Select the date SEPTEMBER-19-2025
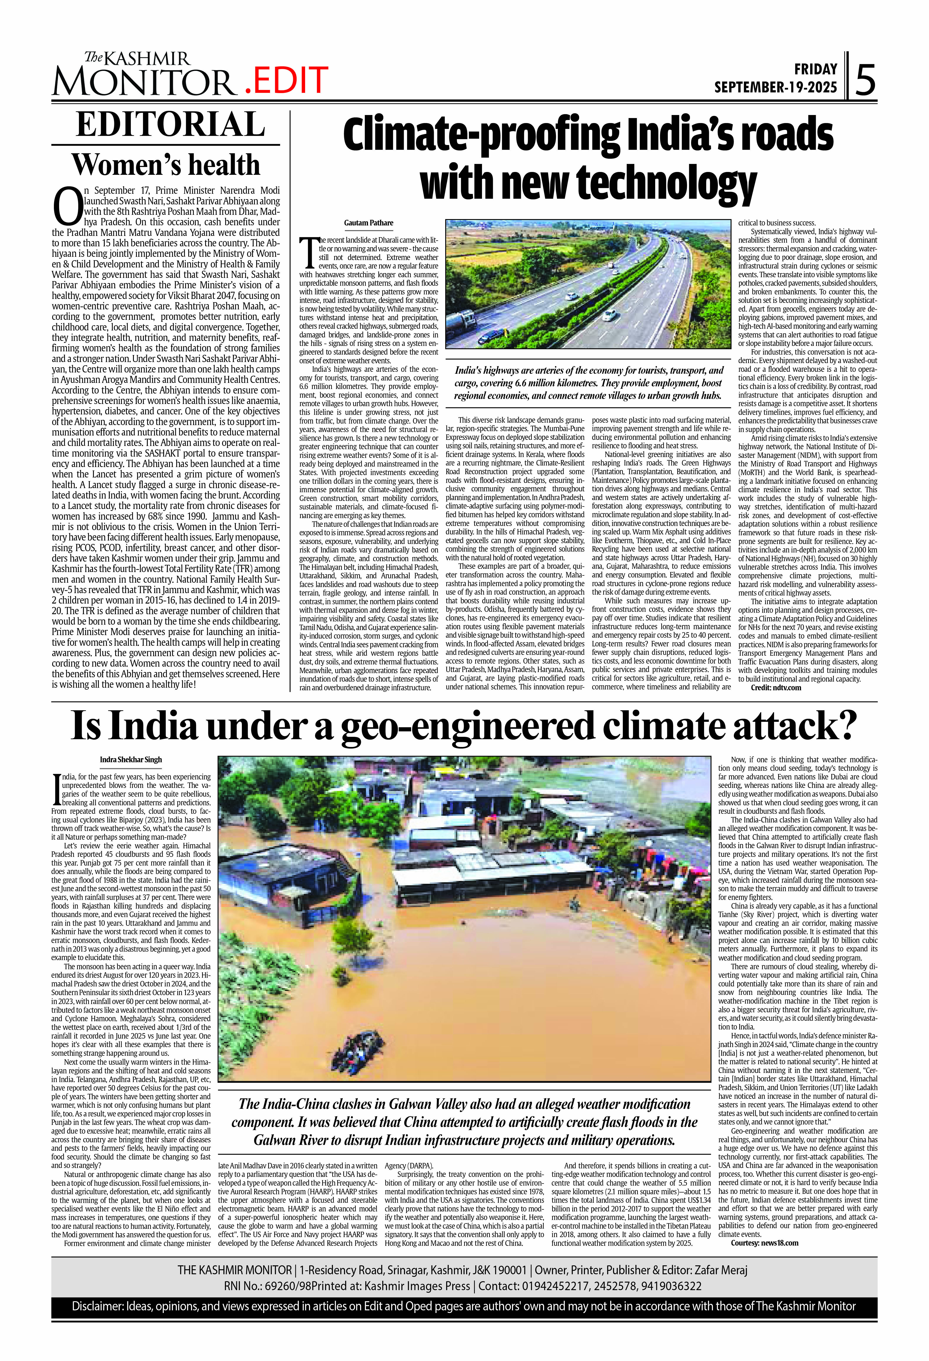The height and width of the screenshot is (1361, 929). [776, 87]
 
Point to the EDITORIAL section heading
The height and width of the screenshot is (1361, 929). [170, 125]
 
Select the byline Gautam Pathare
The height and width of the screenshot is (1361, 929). [368, 223]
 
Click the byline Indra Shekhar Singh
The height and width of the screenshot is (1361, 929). [131, 760]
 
